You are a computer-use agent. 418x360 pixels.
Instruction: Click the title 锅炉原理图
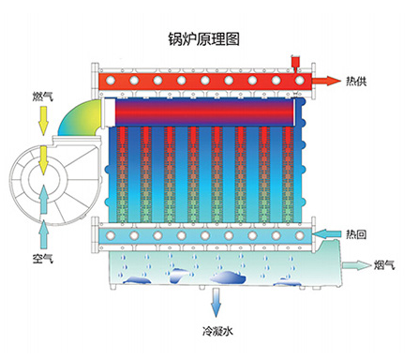202,39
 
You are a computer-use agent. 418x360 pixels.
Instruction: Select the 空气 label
39,254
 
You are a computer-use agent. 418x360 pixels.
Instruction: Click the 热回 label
356,232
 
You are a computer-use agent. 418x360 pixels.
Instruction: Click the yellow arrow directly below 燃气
39,119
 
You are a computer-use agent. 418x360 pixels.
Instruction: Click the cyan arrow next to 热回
327,232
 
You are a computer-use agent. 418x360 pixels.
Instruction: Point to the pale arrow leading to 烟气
356,265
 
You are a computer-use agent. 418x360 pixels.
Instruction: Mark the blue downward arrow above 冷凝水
216,303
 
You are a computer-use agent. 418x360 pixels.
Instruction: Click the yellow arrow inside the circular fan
42,160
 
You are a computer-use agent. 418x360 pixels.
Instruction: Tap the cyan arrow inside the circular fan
42,195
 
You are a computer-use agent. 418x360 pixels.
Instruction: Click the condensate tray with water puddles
216,272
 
